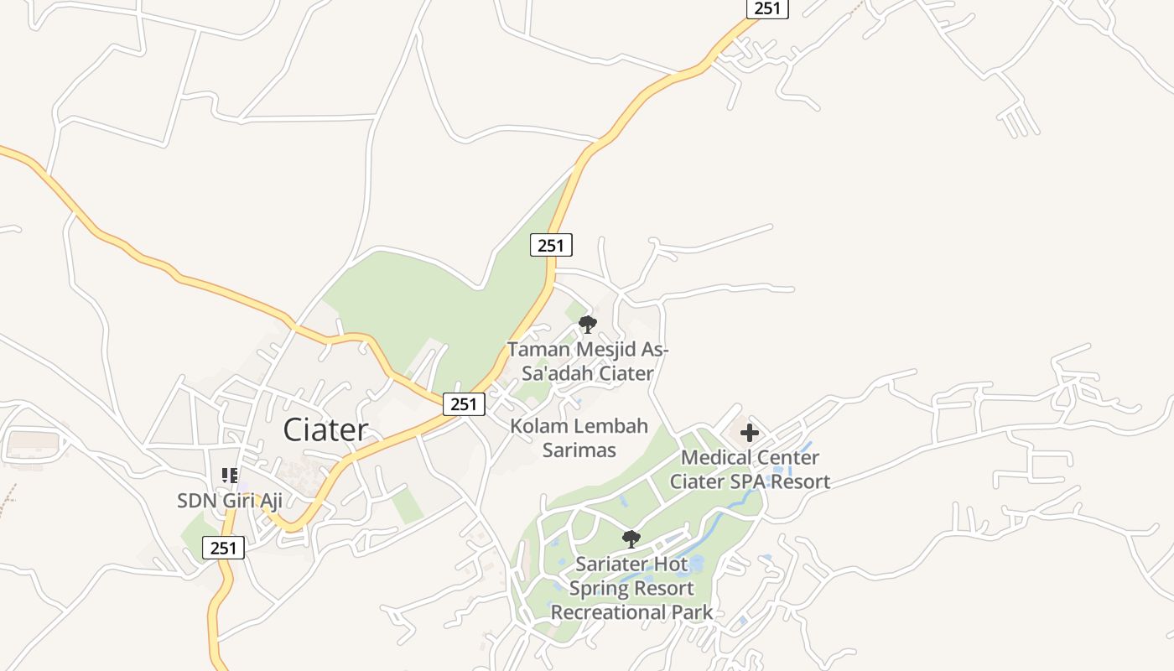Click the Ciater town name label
coord(325,430)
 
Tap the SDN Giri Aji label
coord(229,501)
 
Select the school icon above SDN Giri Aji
coord(230,476)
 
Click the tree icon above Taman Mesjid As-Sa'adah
coord(588,324)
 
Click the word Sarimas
coord(579,450)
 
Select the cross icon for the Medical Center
coord(750,434)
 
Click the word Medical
coord(714,458)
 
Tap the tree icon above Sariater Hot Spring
coord(631,538)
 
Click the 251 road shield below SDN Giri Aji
coord(224,549)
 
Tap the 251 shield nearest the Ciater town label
coord(464,404)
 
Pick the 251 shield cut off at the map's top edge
coord(767,8)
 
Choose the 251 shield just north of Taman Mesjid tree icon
coord(551,245)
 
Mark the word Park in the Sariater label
coord(693,612)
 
